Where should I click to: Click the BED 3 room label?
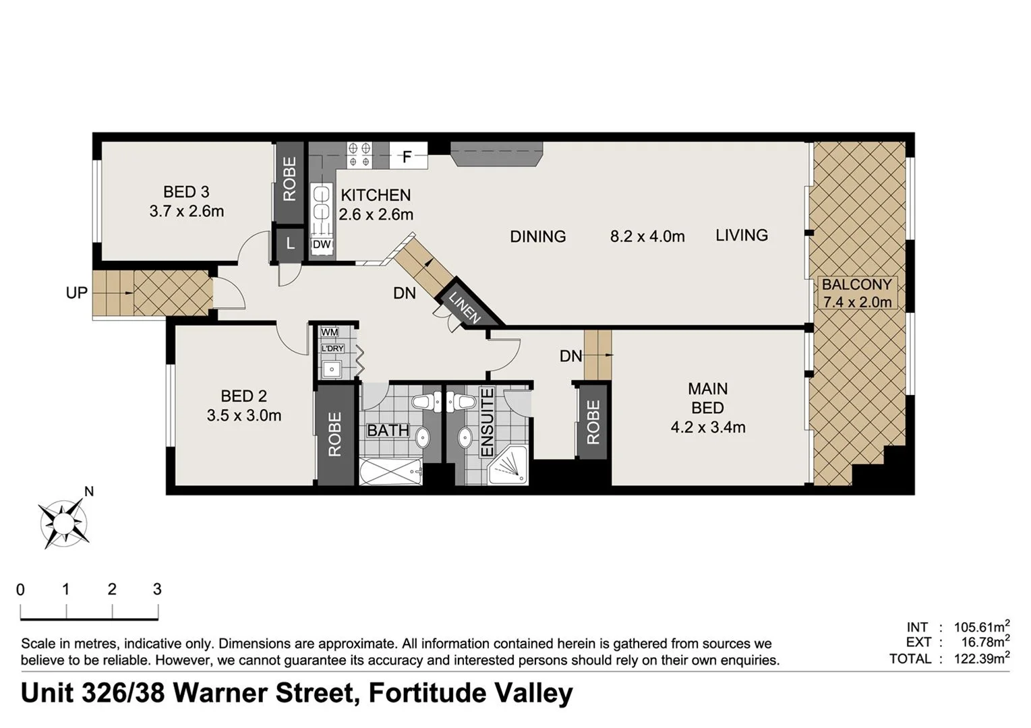tap(186, 193)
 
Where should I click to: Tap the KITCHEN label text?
tap(376, 195)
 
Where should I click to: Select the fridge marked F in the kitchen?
tap(407, 157)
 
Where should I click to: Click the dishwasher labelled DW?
tap(322, 245)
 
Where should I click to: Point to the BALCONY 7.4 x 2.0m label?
tap(856, 293)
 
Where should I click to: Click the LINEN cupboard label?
tap(465, 307)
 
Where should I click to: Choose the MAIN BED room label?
tap(707, 398)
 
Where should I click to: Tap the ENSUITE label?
tap(487, 423)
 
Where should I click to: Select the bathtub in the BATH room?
tap(391, 471)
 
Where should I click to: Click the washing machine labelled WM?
tap(330, 332)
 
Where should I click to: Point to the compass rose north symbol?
tap(64, 522)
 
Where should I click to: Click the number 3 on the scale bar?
tap(157, 589)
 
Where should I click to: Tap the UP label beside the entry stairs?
tap(76, 293)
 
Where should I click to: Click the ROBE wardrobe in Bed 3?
tap(289, 180)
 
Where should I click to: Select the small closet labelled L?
tap(290, 244)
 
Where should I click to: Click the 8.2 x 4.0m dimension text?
tap(647, 237)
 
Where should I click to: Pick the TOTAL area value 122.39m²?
tap(981, 659)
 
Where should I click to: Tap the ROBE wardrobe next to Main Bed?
tap(593, 423)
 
